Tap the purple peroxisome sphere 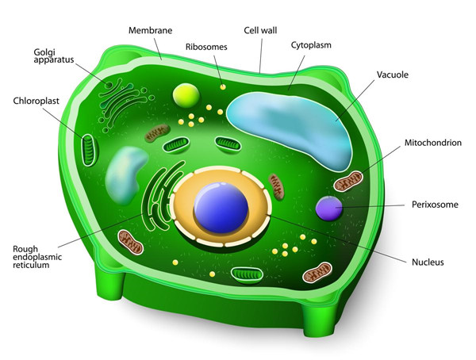click(329, 209)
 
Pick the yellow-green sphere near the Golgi click(186, 95)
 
